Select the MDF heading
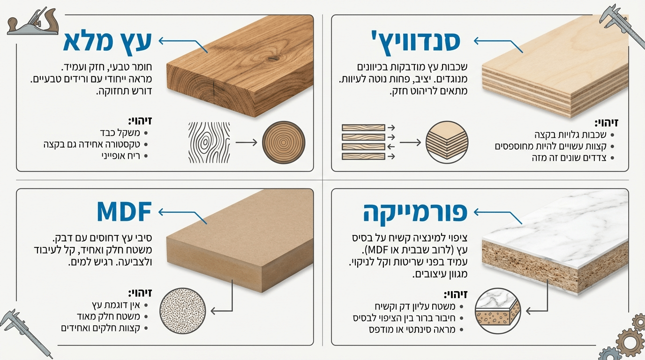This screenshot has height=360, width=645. [x=124, y=212]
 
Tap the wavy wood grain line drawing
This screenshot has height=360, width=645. [x=209, y=142]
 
